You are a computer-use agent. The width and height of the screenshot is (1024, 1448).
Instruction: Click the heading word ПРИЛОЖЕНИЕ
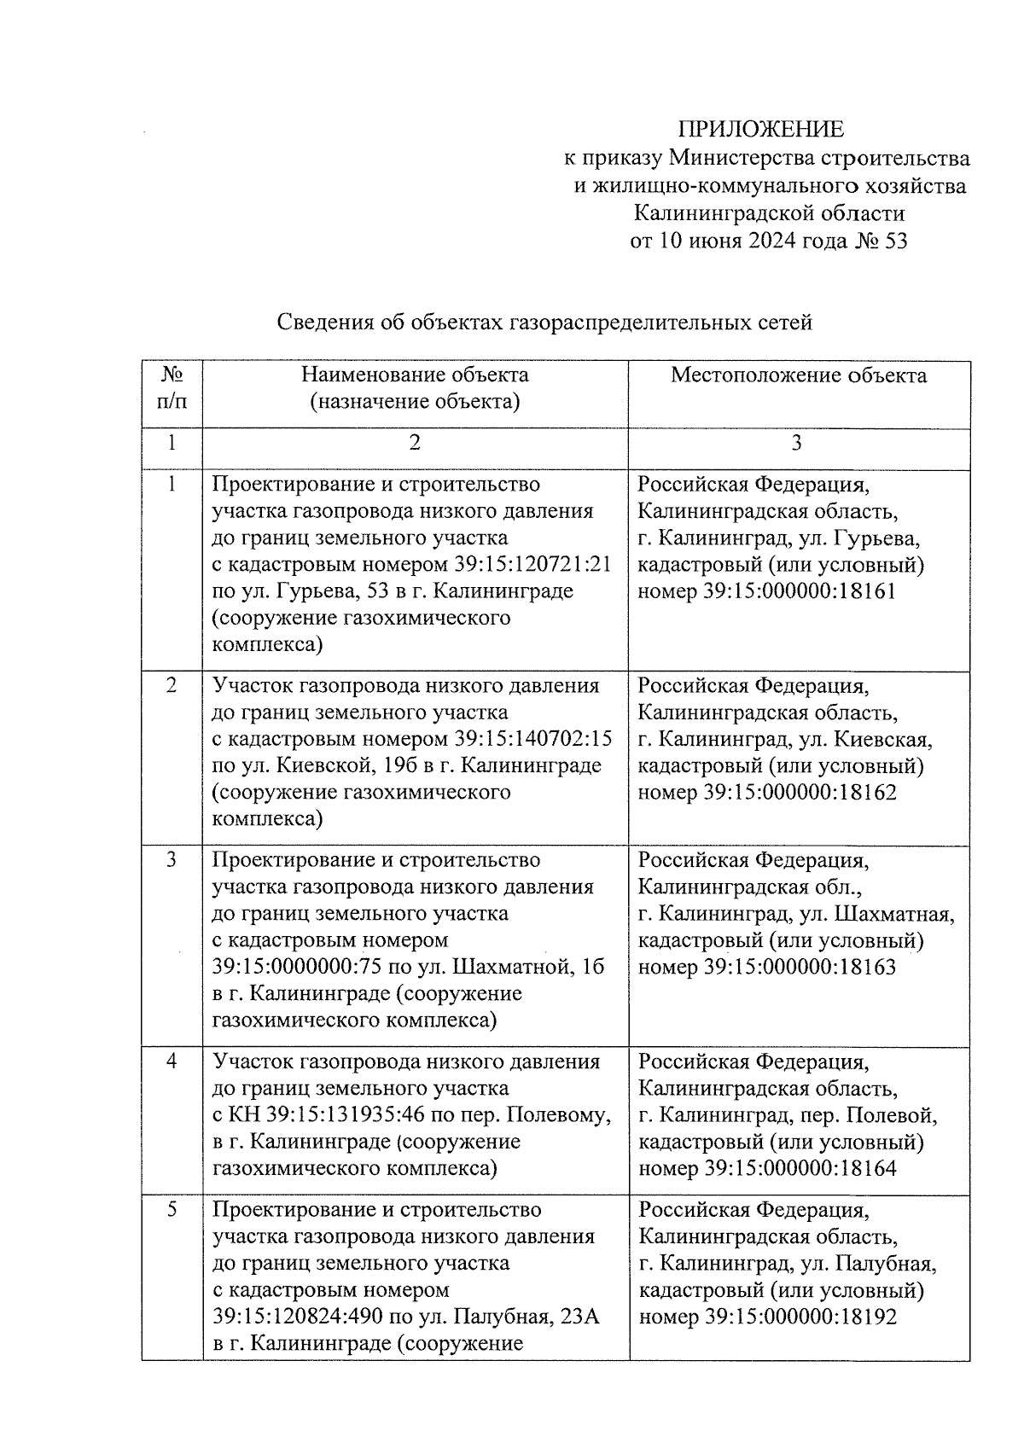pos(760,129)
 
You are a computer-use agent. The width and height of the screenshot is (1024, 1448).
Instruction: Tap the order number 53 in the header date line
pos(897,241)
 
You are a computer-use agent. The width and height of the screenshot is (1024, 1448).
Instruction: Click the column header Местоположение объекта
pos(798,375)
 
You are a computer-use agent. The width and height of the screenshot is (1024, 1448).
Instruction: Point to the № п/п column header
pos(172,388)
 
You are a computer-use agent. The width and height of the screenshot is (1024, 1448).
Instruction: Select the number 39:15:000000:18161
pos(800,591)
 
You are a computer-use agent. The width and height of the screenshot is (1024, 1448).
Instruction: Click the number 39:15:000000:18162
pos(800,793)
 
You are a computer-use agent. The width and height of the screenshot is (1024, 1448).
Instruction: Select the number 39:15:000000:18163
pos(800,968)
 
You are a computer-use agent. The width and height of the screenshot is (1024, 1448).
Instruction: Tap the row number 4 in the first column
pos(172,1062)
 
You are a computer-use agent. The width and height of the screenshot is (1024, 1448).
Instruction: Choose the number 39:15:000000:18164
pos(800,1169)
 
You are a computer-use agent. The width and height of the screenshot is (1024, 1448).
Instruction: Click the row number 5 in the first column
pos(172,1210)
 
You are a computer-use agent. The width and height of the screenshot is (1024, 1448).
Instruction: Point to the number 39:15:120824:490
pos(297,1317)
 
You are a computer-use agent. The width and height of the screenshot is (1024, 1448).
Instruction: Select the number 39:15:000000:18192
pos(800,1317)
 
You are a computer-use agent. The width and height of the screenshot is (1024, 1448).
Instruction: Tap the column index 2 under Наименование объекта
pos(415,443)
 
